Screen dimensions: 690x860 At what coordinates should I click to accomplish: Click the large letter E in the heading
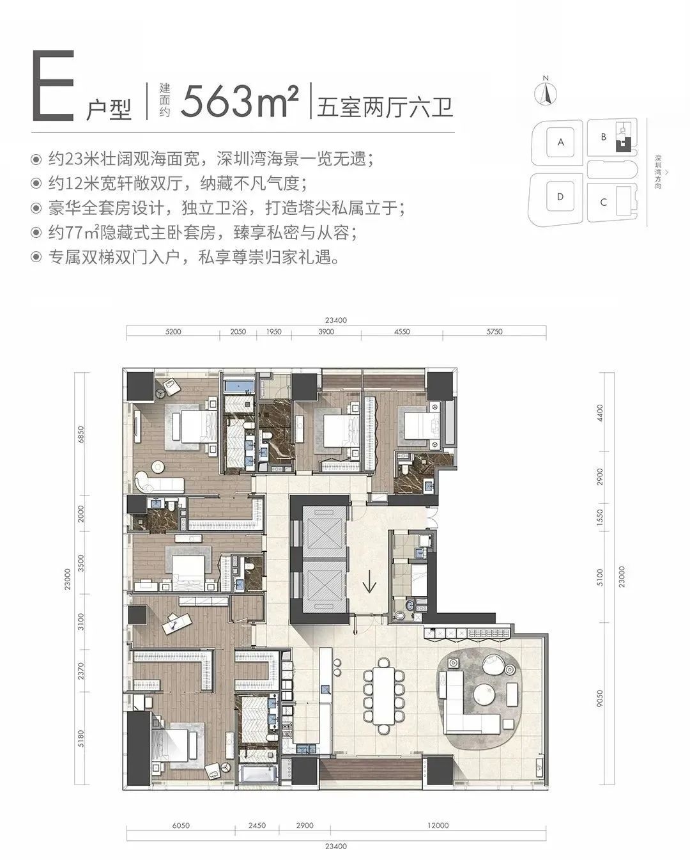53,85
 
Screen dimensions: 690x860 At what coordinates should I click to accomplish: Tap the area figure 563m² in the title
240,101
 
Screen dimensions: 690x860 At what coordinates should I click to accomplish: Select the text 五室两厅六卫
385,107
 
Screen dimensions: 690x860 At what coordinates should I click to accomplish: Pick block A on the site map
561,142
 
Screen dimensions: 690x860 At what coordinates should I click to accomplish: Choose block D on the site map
560,197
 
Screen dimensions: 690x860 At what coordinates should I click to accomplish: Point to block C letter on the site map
603,202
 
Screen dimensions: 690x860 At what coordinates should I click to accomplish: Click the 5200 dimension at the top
173,332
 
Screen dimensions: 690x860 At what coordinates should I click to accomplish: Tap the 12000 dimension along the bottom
438,822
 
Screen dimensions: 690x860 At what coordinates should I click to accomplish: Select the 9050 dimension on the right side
600,699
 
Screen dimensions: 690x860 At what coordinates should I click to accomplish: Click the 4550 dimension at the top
402,332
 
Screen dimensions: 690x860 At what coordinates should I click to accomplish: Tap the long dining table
383,696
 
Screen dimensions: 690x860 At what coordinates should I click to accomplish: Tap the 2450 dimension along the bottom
257,822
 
